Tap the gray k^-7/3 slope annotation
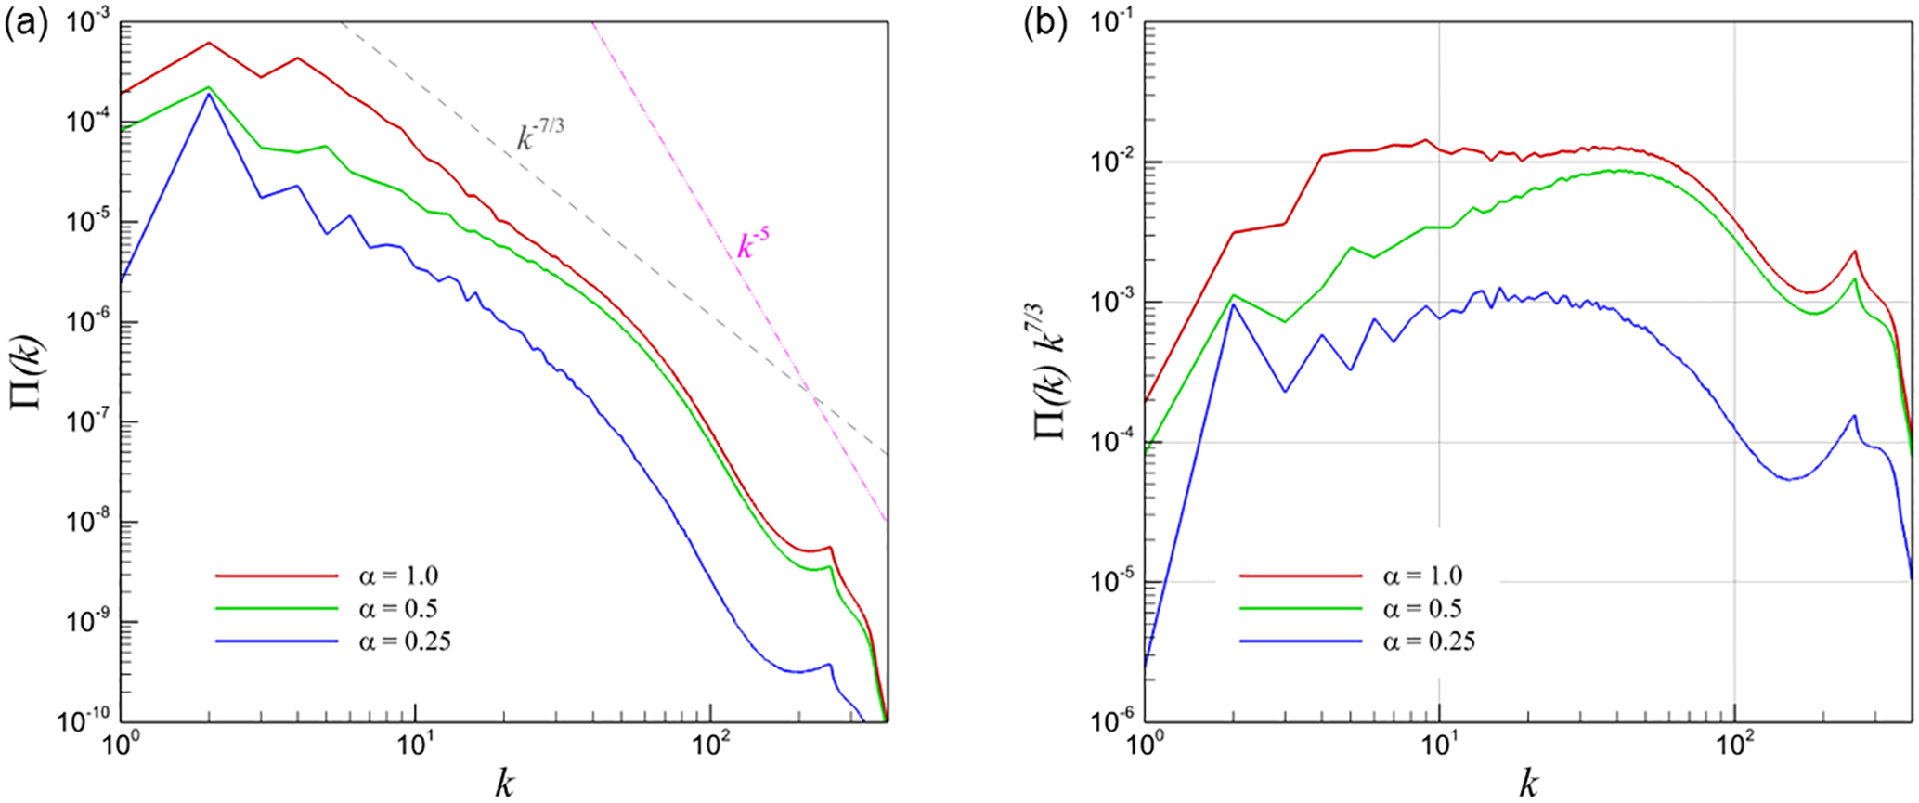[540, 136]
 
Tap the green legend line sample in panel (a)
[277, 609]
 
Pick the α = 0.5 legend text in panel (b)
[1422, 609]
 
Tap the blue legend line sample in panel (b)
[1301, 641]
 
